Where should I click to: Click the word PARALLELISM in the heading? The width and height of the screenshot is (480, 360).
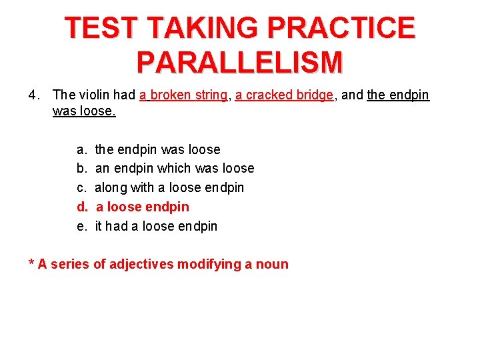tap(240, 61)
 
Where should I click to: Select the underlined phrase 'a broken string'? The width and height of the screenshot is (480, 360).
tap(183, 95)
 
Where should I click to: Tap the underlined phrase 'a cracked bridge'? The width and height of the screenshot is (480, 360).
tap(284, 95)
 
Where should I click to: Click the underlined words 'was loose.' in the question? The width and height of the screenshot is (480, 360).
tap(84, 111)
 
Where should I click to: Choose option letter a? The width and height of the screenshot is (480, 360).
tap(81, 150)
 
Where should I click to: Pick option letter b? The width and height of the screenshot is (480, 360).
tap(81, 169)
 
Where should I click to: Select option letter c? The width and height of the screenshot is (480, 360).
tap(81, 188)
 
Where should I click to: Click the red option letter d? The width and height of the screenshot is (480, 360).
tap(81, 207)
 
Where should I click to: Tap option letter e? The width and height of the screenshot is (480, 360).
tap(81, 227)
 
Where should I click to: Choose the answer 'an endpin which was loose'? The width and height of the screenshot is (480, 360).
tap(175, 169)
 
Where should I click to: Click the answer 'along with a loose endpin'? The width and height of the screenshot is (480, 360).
tap(169, 188)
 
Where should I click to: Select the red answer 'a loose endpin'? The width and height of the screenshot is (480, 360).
tap(143, 207)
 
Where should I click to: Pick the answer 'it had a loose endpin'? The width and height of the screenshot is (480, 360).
tap(156, 227)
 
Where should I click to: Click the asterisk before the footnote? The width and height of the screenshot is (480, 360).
tap(31, 263)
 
